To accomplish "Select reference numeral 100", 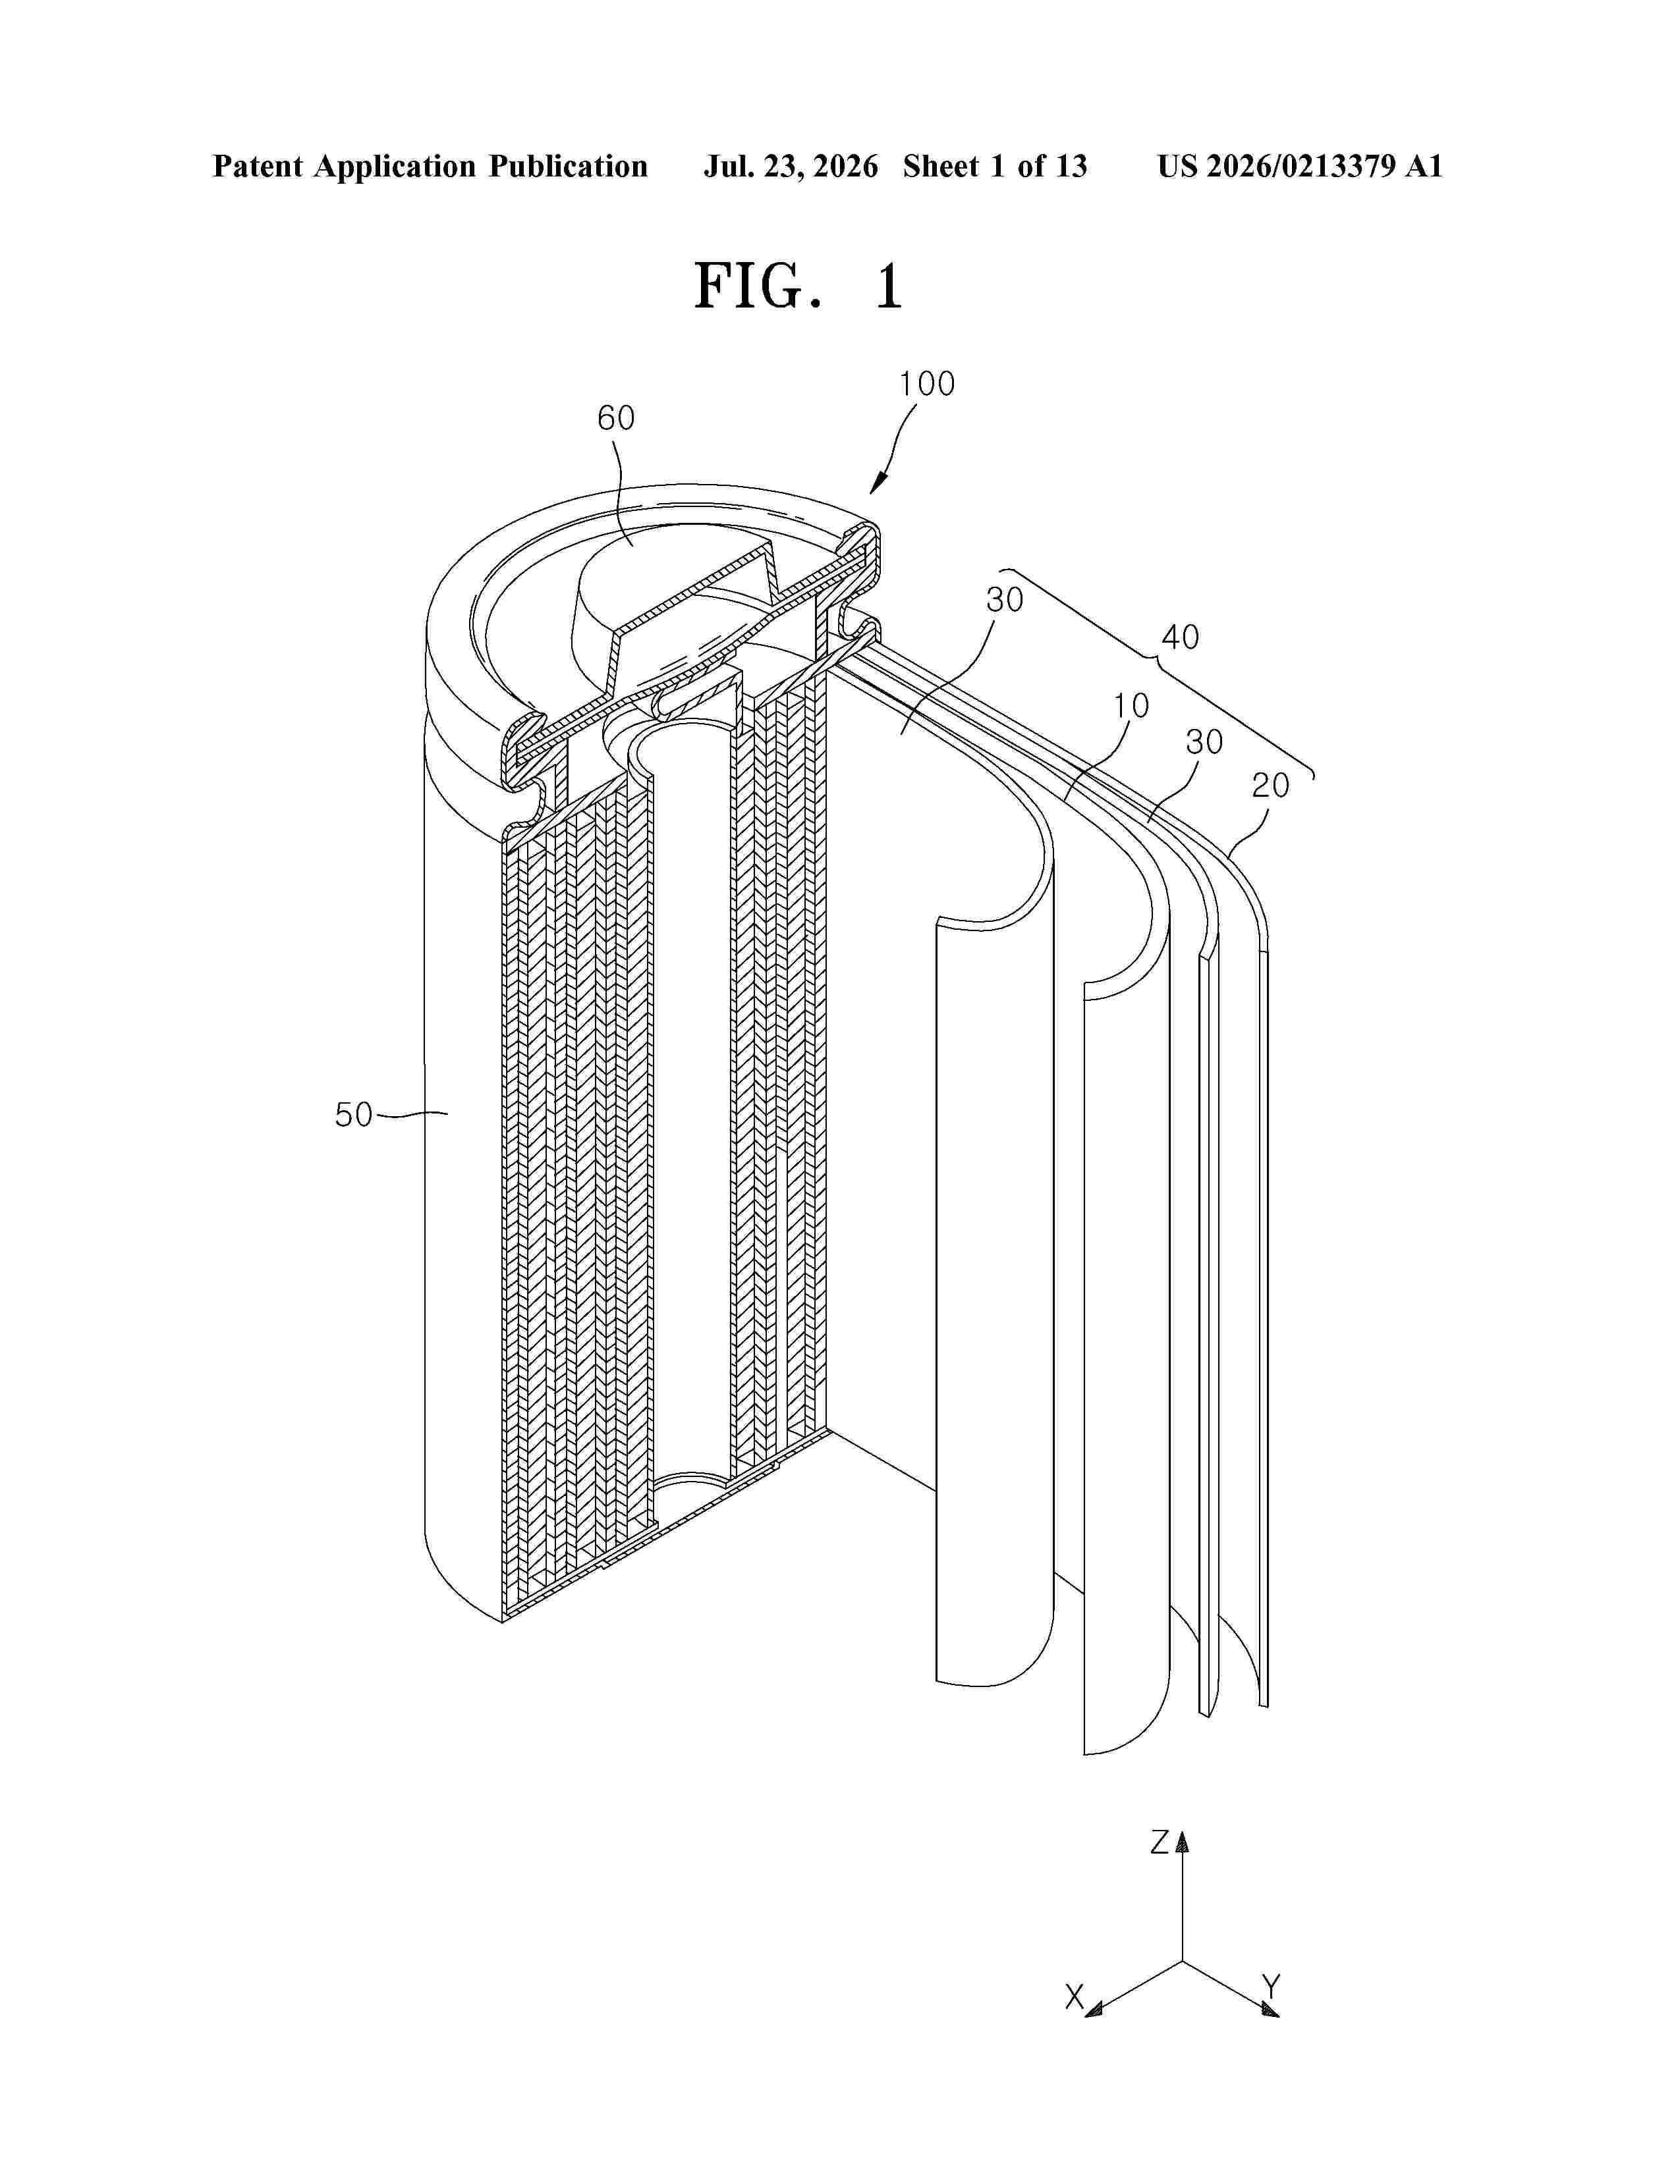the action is click(x=926, y=384).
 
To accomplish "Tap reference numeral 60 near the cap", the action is click(x=616, y=418).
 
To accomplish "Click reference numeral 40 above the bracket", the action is click(x=1181, y=637).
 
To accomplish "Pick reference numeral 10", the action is click(x=1131, y=705).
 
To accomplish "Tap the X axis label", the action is click(x=1075, y=1997).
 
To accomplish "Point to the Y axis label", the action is click(x=1271, y=1987).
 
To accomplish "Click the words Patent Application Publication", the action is click(x=430, y=166).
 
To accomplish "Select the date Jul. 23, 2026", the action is click(x=791, y=166).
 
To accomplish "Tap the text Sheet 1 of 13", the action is click(x=995, y=166).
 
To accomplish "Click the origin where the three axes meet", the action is click(x=1183, y=1961).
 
